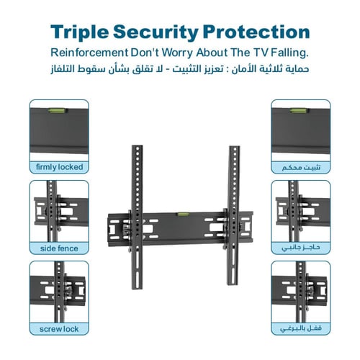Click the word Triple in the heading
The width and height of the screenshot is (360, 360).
click(x=79, y=32)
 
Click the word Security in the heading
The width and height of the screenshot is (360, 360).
click(x=156, y=32)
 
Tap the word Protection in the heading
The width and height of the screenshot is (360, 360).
click(x=256, y=32)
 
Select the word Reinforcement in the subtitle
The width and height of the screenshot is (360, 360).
click(x=89, y=53)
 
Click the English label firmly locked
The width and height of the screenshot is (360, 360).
click(x=59, y=167)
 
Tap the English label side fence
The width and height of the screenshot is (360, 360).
click(x=59, y=248)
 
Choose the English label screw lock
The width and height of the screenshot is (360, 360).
click(x=59, y=329)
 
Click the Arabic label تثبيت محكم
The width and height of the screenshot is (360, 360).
click(x=301, y=167)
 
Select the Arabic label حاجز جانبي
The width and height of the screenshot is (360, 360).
click(x=300, y=248)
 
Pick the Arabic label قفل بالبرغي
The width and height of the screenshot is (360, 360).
click(x=301, y=328)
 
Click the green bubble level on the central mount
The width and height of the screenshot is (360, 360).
click(x=184, y=214)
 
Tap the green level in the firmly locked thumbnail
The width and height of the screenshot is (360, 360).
click(x=58, y=110)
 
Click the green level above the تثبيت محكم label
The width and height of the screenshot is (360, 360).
click(x=297, y=110)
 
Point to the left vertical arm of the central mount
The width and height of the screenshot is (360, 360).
click(x=138, y=217)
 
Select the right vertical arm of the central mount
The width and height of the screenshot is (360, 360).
click(x=233, y=215)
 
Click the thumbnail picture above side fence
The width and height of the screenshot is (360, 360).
click(x=59, y=211)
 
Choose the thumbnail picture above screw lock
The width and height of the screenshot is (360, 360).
click(x=59, y=292)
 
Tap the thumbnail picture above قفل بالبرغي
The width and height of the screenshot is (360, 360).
click(x=301, y=292)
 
